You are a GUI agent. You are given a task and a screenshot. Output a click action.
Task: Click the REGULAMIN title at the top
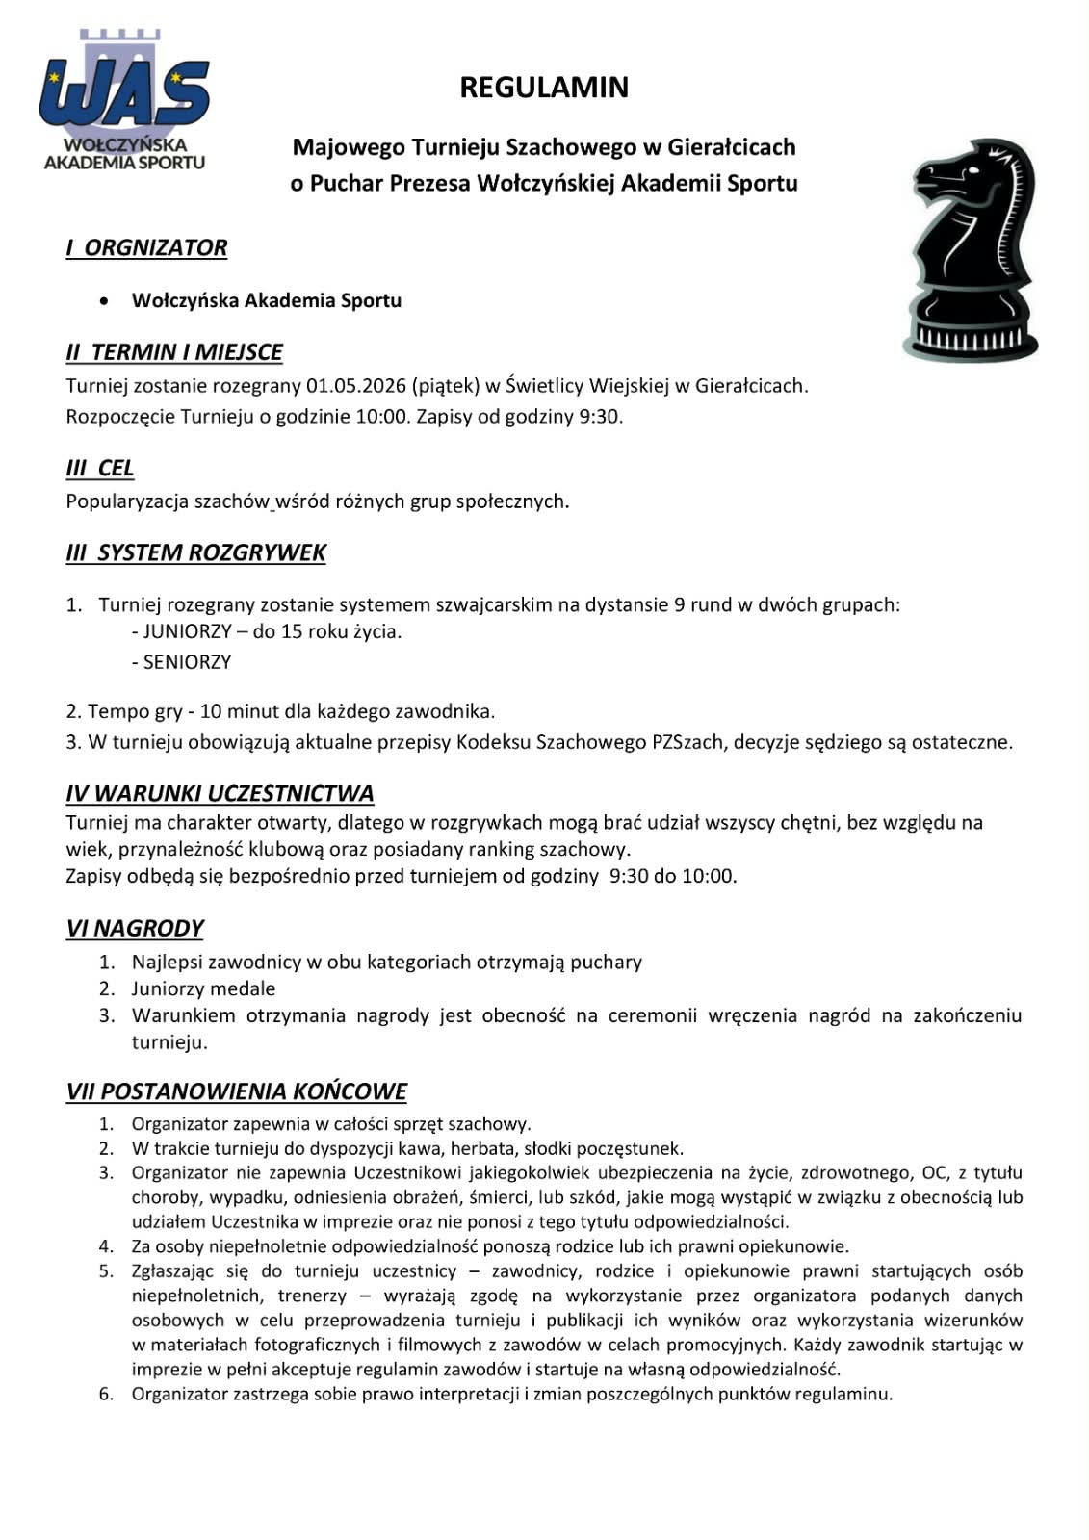point(544,88)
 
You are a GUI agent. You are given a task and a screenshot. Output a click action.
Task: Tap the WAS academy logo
point(124,102)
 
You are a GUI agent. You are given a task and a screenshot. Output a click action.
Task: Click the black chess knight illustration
point(971,250)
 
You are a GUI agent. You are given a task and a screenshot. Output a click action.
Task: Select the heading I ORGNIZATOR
point(146,247)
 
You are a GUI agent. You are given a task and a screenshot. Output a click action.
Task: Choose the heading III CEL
point(99,469)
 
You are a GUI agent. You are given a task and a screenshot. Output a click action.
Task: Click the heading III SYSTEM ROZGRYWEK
point(195,552)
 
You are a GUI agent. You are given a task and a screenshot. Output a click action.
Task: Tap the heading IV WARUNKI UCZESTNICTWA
point(220,794)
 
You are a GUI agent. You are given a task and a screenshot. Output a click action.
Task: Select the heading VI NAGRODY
point(135,928)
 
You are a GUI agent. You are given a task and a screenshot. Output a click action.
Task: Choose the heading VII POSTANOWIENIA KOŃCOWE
point(236,1091)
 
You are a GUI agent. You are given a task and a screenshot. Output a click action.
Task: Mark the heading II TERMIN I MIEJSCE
point(173,352)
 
